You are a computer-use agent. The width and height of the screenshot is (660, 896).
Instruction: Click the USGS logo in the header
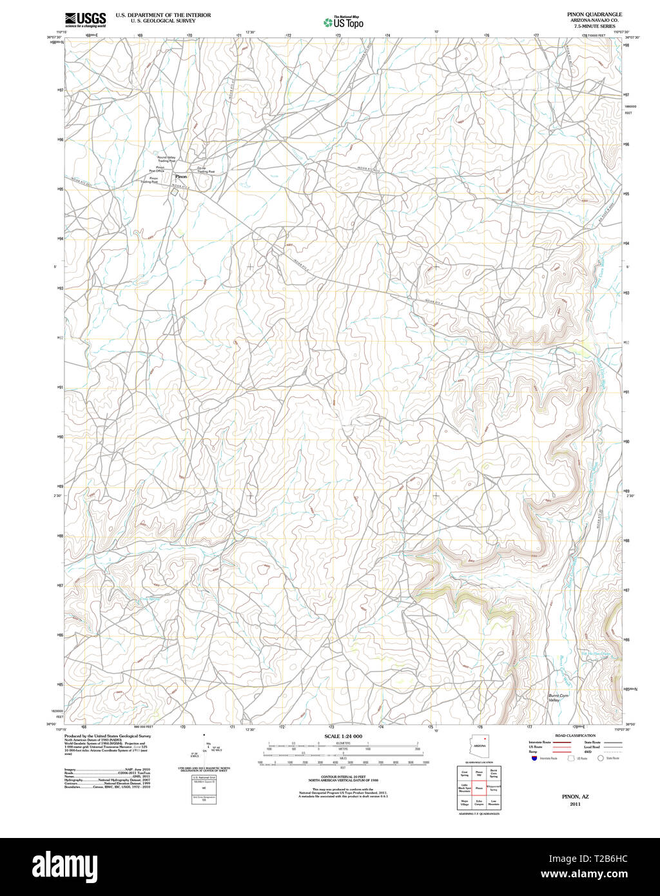click(x=85, y=19)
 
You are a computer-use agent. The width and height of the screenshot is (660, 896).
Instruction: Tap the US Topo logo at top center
click(x=343, y=23)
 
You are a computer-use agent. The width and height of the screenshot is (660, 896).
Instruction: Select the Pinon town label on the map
click(x=181, y=176)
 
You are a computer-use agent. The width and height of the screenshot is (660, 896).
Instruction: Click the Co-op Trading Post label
click(x=206, y=170)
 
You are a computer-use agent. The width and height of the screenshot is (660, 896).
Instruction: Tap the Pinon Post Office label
click(x=160, y=169)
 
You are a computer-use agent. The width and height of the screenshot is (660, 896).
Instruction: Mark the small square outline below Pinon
click(x=174, y=191)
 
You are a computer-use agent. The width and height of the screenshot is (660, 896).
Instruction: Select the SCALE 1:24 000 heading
click(x=343, y=736)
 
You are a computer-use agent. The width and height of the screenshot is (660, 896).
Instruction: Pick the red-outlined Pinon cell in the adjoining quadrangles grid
click(x=479, y=788)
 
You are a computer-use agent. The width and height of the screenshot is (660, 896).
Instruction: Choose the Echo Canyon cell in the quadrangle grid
click(x=479, y=803)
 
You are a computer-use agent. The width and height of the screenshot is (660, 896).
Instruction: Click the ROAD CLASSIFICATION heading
click(x=574, y=735)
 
